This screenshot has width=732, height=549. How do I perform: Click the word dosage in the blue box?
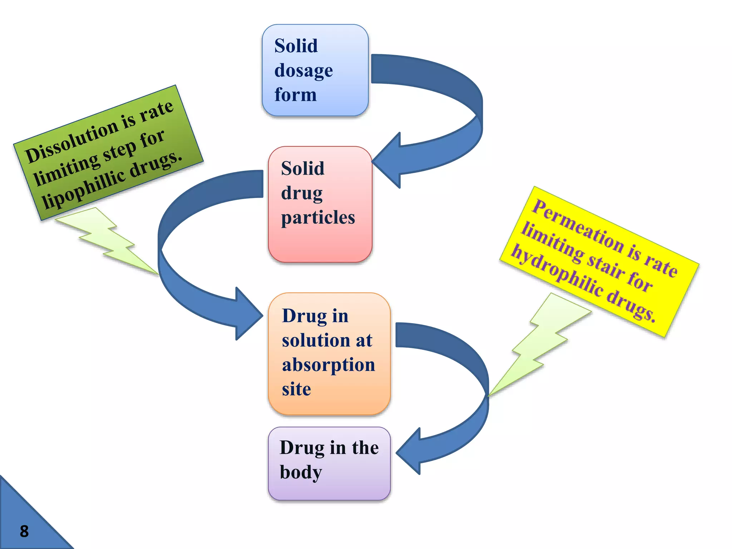pyautogui.click(x=303, y=70)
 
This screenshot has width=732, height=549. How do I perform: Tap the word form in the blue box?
pyautogui.click(x=296, y=95)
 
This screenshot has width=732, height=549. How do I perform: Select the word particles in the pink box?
pyautogui.click(x=318, y=217)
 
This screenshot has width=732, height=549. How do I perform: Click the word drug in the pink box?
pyautogui.click(x=302, y=193)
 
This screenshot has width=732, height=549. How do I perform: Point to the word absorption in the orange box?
pyautogui.click(x=328, y=365)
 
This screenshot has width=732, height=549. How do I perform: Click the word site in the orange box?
pyautogui.click(x=296, y=389)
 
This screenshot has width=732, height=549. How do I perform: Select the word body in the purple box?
pyautogui.click(x=301, y=472)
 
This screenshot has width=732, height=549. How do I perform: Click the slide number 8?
pyautogui.click(x=24, y=531)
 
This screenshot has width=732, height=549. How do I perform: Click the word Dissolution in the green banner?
pyautogui.click(x=71, y=142)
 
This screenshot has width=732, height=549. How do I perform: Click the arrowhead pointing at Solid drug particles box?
pyautogui.click(x=388, y=161)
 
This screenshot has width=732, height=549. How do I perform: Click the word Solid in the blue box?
pyautogui.click(x=296, y=46)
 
